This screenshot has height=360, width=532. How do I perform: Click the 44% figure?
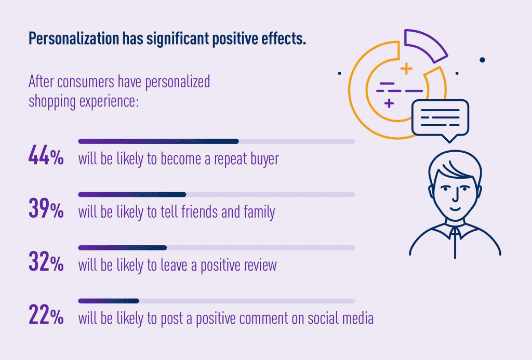[x=46, y=157]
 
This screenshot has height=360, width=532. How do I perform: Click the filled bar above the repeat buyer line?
[x=158, y=141]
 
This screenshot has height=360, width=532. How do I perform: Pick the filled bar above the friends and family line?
[x=132, y=195]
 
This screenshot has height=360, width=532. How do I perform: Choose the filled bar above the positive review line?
[x=122, y=248]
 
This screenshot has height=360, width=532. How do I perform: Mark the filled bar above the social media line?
[x=109, y=301]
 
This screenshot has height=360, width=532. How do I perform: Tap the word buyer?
[x=263, y=159]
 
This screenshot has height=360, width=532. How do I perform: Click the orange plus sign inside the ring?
[x=406, y=68]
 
